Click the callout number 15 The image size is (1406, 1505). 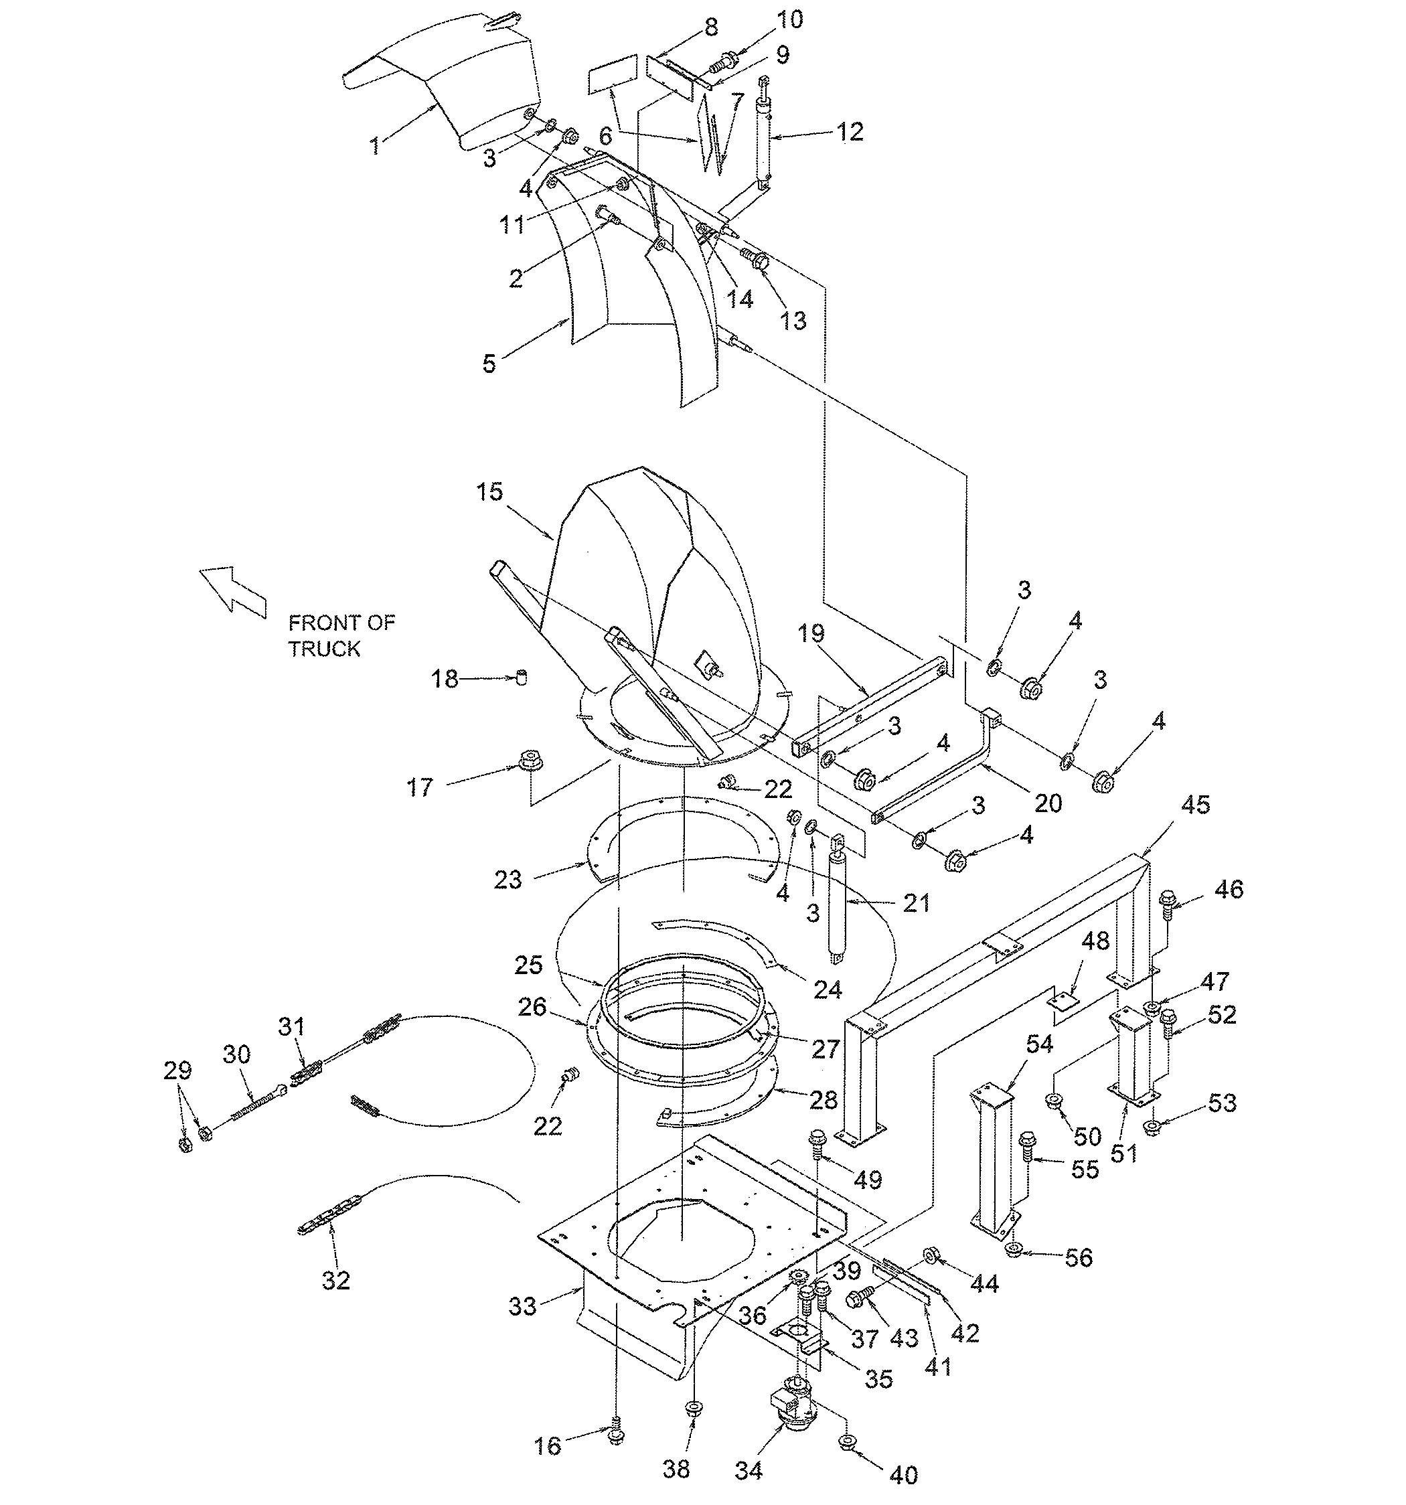(489, 492)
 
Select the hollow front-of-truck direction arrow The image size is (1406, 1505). (232, 591)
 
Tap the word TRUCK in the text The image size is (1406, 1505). (323, 649)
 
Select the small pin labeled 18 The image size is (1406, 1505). (520, 676)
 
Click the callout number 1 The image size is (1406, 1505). (375, 145)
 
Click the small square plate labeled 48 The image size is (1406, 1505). (1064, 1002)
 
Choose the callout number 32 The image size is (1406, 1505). (335, 1280)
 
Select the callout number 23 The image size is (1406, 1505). (508, 880)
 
